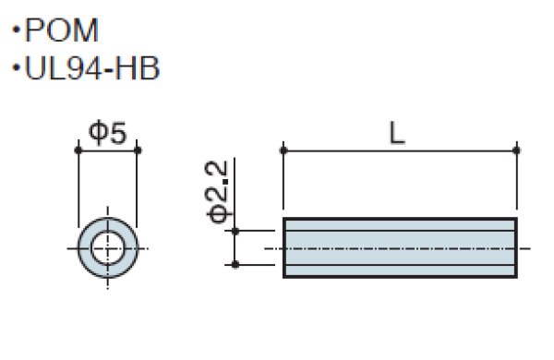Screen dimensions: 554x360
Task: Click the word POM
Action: [62, 30]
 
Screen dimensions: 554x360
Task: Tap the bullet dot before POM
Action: [16, 30]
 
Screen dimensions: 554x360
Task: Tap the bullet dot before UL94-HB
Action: [16, 66]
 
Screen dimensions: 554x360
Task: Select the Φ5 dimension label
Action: [107, 133]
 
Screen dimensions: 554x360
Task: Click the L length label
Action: [397, 133]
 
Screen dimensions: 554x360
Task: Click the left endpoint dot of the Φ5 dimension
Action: [78, 150]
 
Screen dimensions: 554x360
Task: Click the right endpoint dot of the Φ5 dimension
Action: [138, 150]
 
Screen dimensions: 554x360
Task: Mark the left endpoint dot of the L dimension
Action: [283, 150]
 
